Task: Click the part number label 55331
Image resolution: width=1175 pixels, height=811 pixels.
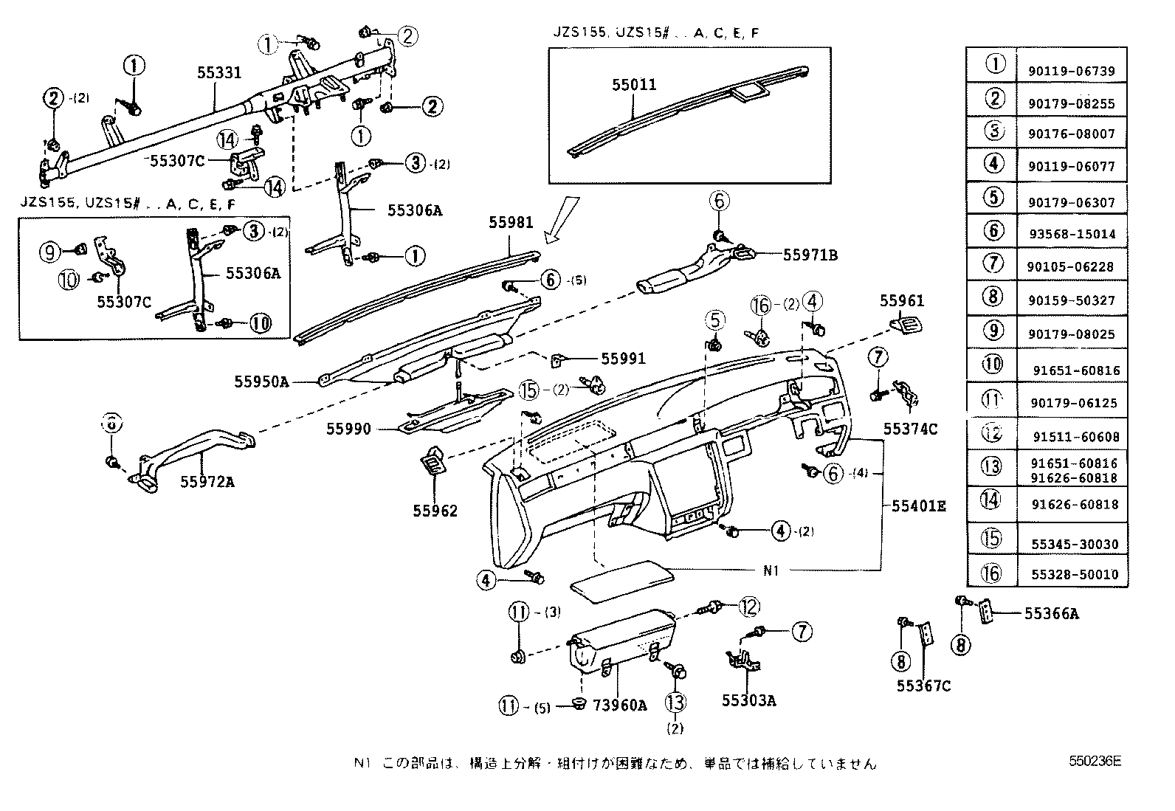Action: [219, 73]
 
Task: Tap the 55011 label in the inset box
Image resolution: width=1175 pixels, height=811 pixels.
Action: [633, 86]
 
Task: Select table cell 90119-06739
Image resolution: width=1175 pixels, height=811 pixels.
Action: [1071, 71]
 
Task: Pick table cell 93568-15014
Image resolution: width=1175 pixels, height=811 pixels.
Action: [1071, 234]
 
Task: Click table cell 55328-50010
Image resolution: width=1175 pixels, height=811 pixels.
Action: [1071, 575]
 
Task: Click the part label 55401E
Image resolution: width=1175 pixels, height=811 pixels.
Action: [918, 505]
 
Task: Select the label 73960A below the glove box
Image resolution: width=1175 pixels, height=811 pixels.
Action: [619, 705]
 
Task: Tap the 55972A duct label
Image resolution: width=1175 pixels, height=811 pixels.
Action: [207, 482]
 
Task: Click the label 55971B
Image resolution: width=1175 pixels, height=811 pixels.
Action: [810, 255]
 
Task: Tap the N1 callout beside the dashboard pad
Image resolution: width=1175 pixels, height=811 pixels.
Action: [771, 570]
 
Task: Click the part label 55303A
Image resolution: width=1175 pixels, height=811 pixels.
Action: [748, 700]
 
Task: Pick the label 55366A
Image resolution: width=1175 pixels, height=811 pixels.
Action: [1051, 613]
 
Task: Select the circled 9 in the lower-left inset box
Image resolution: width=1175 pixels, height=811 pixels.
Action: [49, 253]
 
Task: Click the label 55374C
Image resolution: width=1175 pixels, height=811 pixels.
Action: [911, 429]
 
